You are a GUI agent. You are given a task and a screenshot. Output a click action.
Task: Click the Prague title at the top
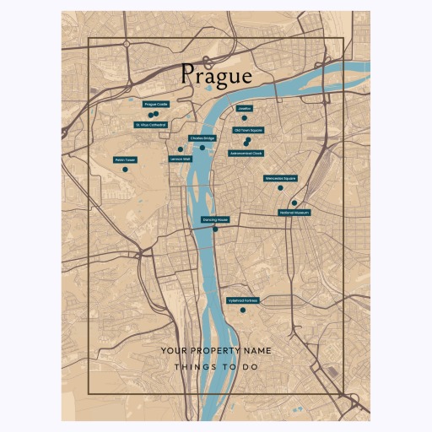pyautogui.click(x=216, y=75)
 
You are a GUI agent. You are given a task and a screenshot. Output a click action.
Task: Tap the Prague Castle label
pyautogui.click(x=156, y=105)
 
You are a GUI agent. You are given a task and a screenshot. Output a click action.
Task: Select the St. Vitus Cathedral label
pyautogui.click(x=151, y=125)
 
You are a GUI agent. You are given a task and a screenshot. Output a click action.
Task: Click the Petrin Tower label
pyautogui.click(x=125, y=159)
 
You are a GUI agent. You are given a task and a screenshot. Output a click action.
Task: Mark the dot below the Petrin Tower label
pyautogui.click(x=125, y=170)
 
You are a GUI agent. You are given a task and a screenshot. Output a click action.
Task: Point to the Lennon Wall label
pyautogui.click(x=181, y=159)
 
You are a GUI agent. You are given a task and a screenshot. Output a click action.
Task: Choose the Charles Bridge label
pyautogui.click(x=202, y=138)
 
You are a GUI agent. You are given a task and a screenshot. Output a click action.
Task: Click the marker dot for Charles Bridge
pyautogui.click(x=202, y=148)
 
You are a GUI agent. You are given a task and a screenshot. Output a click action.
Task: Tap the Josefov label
pyautogui.click(x=245, y=109)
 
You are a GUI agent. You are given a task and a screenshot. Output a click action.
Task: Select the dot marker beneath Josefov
pyautogui.click(x=245, y=118)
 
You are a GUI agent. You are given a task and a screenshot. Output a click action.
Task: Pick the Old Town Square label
pyautogui.click(x=248, y=131)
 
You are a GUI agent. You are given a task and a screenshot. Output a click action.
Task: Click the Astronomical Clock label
pyautogui.click(x=246, y=154)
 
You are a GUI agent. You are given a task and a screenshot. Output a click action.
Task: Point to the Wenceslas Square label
pyautogui.click(x=280, y=178)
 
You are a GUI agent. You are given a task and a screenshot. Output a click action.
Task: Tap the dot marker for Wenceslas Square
pyautogui.click(x=280, y=188)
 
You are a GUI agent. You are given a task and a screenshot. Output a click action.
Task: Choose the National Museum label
pyautogui.click(x=294, y=213)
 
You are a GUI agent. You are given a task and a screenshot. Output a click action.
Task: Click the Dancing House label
pyautogui.click(x=215, y=219)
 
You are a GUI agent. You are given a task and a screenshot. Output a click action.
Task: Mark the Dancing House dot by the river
pyautogui.click(x=215, y=229)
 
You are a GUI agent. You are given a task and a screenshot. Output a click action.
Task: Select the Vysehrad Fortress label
pyautogui.click(x=242, y=300)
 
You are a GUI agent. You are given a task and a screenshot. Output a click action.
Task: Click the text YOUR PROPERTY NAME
pyautogui.click(x=216, y=350)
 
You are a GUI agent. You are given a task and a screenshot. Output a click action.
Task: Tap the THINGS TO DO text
pyautogui.click(x=216, y=367)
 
